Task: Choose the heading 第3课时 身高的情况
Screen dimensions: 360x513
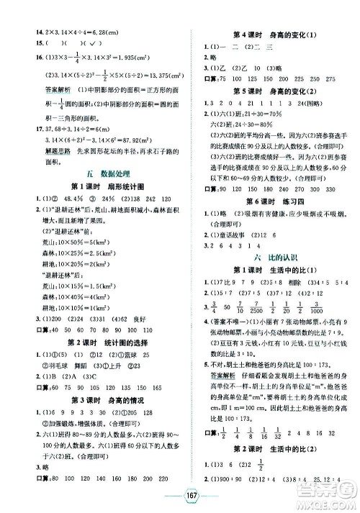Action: coord(89,419)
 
